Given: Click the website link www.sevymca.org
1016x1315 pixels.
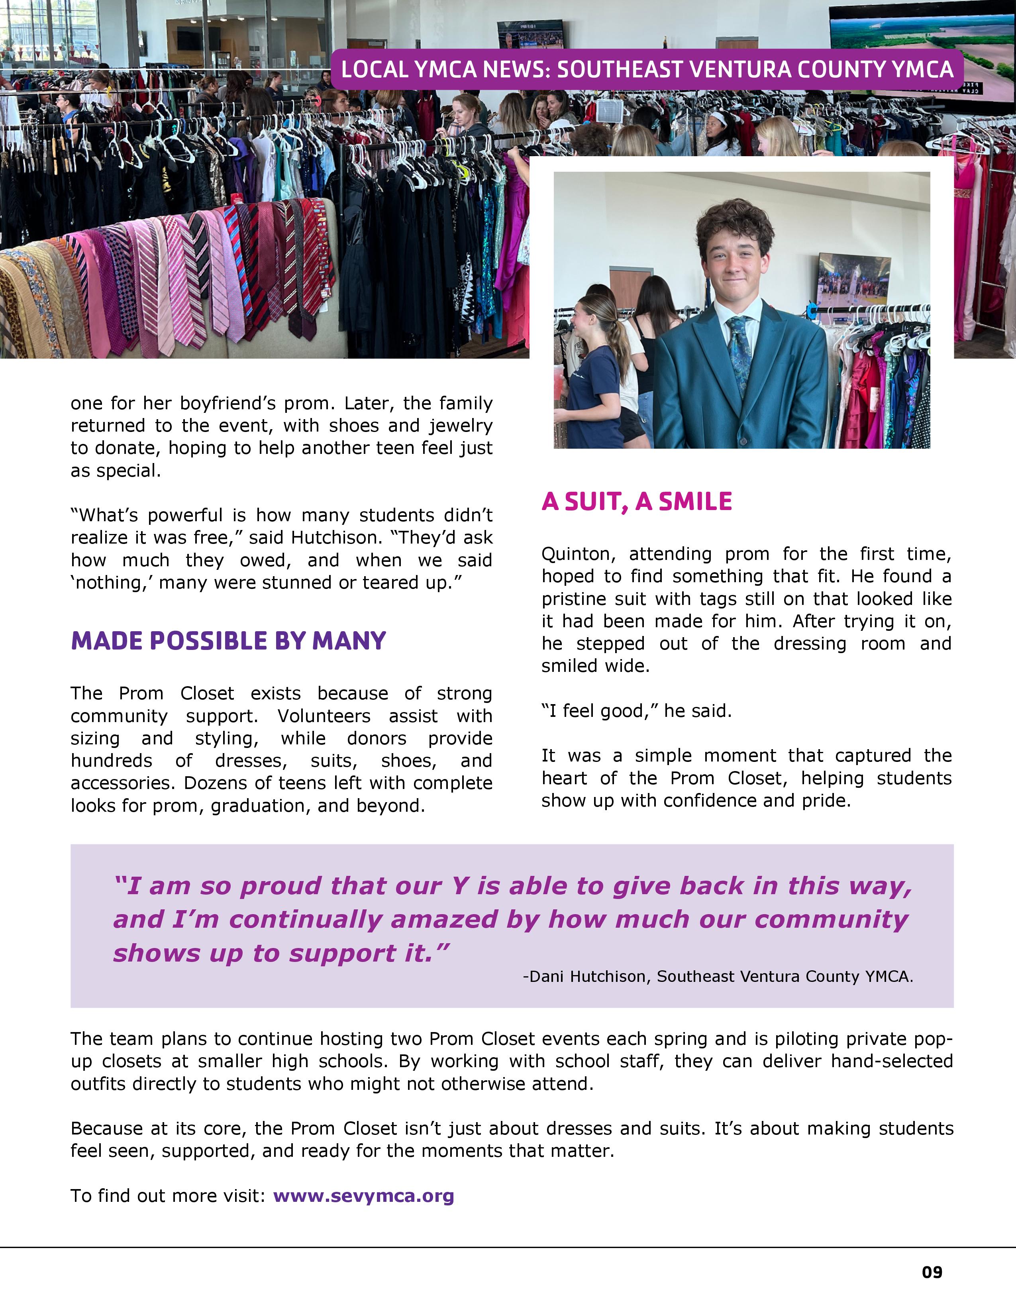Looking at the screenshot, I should [363, 1196].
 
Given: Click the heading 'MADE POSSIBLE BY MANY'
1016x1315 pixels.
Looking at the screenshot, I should [228, 641].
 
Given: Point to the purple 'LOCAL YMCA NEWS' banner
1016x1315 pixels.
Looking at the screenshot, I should [647, 69].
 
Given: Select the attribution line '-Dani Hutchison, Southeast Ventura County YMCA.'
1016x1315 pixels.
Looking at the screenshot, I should [718, 976].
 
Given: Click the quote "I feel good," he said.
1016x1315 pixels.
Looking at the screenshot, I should [636, 711].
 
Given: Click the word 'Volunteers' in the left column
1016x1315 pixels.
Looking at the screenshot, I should [324, 716].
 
